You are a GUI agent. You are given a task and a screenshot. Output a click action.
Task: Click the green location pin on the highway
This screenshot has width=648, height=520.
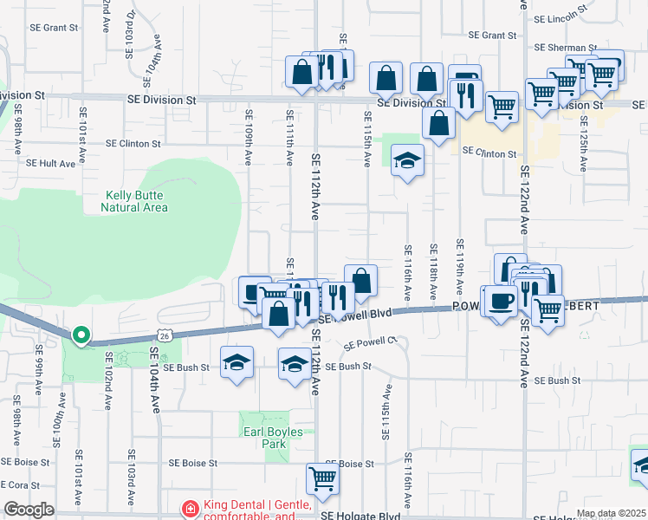click(81, 335)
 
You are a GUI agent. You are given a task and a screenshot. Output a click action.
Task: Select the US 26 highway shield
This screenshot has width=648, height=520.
click(164, 335)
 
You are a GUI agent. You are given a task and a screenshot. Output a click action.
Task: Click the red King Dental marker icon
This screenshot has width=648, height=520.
click(188, 508)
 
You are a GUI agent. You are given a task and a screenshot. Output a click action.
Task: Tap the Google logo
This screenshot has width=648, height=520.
click(29, 510)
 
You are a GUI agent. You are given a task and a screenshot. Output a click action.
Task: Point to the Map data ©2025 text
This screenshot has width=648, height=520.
click(611, 513)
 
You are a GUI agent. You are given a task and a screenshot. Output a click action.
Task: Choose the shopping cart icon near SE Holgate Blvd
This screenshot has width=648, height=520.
click(322, 478)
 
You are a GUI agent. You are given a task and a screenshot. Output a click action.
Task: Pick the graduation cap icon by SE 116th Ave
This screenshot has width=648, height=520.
click(406, 160)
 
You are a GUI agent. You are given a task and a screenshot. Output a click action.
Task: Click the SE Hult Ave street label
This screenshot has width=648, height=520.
click(54, 162)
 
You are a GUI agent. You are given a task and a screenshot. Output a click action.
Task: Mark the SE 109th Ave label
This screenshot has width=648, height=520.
click(249, 136)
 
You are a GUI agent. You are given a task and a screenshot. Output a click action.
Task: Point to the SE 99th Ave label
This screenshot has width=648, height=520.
click(40, 371)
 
